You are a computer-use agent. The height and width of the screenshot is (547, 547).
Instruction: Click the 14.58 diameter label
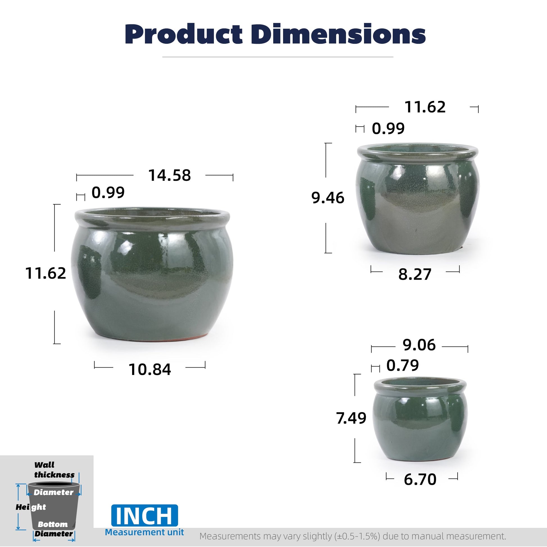click(x=169, y=175)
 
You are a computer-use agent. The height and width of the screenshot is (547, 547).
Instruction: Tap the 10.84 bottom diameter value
click(x=150, y=369)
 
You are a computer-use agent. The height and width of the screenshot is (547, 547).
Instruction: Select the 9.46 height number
click(x=328, y=198)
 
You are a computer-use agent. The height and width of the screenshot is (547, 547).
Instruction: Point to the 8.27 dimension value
click(x=415, y=274)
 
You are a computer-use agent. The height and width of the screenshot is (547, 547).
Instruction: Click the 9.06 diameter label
click(x=419, y=345)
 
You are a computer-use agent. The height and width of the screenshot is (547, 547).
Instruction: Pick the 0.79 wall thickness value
click(x=403, y=365)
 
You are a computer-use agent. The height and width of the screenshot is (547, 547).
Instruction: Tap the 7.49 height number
click(x=351, y=418)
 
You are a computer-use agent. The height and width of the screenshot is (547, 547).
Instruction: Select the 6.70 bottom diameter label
click(x=420, y=479)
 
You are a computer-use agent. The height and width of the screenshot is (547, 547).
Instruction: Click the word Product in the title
click(x=184, y=34)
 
